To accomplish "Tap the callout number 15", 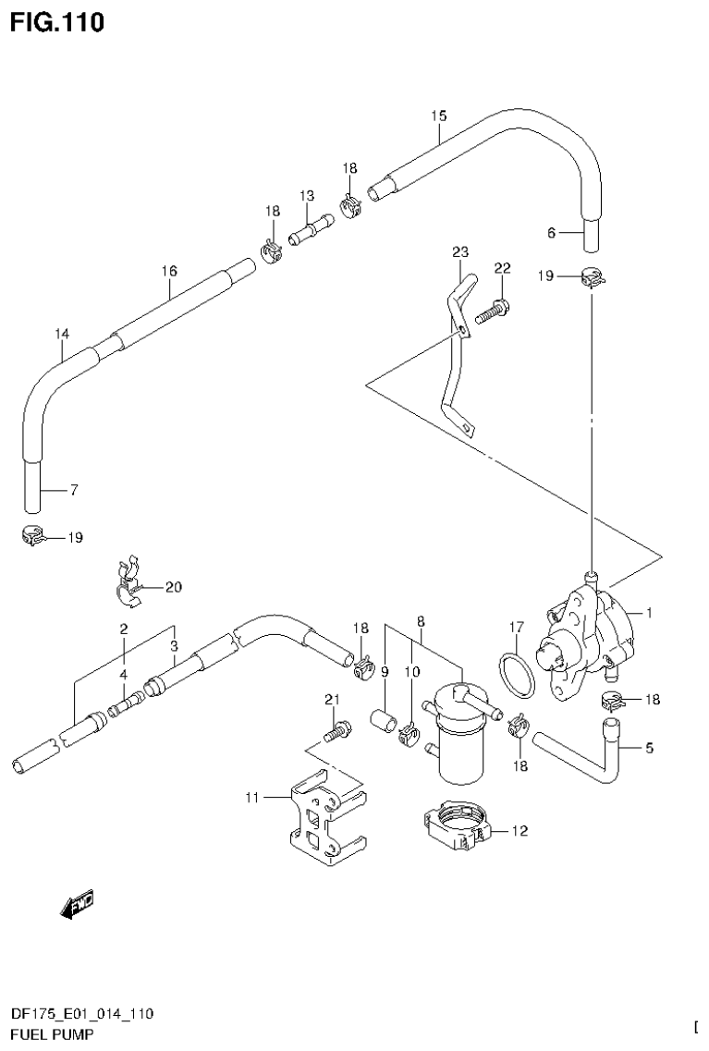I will tap(438, 116).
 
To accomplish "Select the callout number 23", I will tap(460, 251).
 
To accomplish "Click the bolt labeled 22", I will tap(493, 311).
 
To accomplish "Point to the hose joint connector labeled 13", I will tap(311, 228).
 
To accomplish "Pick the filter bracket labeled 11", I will tap(324, 821).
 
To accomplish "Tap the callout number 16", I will tap(168, 271).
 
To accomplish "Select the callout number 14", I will tap(62, 333).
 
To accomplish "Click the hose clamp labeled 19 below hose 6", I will tap(593, 276).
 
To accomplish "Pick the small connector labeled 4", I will tap(123, 710).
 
